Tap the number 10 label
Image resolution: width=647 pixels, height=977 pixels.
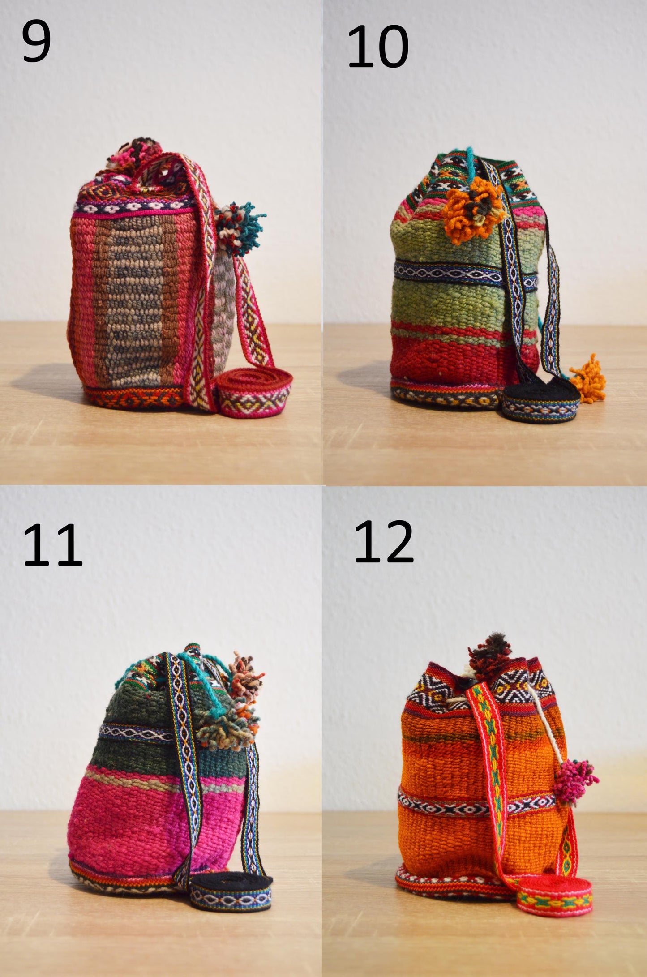378,47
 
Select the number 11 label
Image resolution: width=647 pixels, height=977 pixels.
52,545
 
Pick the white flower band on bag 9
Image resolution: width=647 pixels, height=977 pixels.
134,207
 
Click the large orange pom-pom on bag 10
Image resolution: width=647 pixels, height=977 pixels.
472,208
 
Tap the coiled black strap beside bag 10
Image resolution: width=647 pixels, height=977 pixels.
540,399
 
